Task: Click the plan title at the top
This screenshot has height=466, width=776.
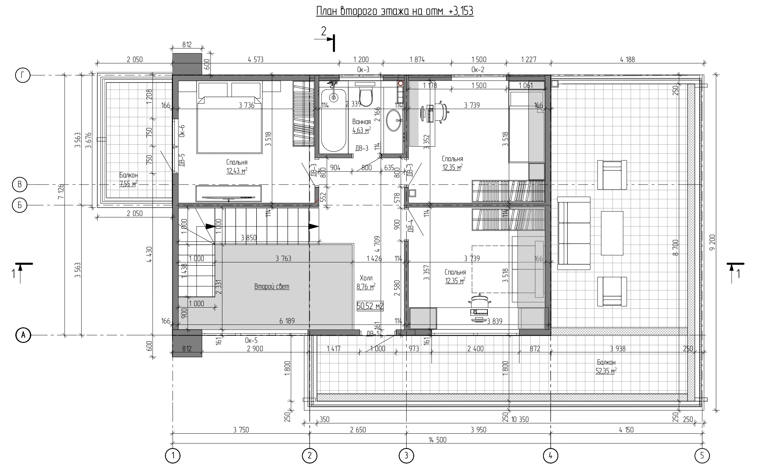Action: pos(395,11)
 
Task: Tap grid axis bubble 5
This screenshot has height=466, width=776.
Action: pos(702,456)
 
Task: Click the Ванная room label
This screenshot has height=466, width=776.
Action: pos(361,122)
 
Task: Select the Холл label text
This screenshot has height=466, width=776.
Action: pos(366,278)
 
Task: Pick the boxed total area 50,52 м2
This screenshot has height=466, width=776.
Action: pos(370,306)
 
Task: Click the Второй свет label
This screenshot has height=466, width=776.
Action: pos(272,287)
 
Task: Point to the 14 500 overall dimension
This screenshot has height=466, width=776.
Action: pos(437,440)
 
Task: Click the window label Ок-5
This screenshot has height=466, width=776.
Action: pos(251,340)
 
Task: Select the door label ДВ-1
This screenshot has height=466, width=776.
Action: pos(373,334)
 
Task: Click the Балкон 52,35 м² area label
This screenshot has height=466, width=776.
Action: pos(606,367)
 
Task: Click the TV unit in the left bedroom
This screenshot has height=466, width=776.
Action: pos(228,193)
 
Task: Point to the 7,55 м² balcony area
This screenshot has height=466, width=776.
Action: pos(128,184)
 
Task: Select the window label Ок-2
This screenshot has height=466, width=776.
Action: pos(478,70)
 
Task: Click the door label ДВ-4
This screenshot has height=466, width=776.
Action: pos(410,226)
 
